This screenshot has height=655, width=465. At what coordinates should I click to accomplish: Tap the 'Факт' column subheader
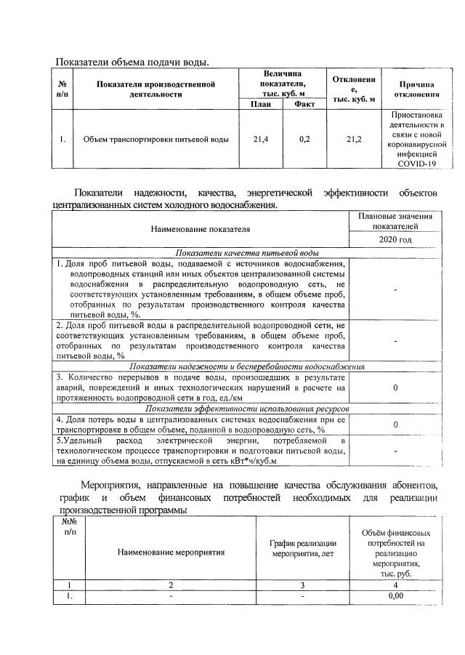(304, 104)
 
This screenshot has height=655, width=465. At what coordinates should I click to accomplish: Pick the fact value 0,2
(304, 139)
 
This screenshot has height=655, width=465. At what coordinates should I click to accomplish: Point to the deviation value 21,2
(354, 139)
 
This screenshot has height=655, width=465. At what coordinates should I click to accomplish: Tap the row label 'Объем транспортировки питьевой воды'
(156, 139)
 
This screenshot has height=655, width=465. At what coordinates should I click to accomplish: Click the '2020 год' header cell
(395, 239)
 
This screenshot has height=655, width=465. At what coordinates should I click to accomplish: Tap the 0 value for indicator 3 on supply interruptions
(395, 388)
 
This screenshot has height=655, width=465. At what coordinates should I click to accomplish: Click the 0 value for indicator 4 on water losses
(395, 424)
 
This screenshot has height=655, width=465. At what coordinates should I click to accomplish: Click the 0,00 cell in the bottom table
(395, 596)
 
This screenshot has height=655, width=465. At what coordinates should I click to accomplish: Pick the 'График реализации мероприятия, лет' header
(303, 547)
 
